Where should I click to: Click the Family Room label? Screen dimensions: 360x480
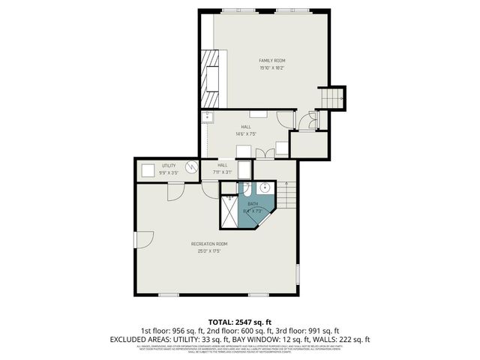tap(272, 61)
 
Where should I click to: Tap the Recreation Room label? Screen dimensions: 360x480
tap(209, 244)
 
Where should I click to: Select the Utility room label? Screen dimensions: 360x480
tap(169, 166)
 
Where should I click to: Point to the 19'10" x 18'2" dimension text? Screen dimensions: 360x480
tap(272, 67)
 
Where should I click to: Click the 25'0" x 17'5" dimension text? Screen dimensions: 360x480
tap(209, 250)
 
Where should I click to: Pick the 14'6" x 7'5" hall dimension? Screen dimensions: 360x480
tap(245, 133)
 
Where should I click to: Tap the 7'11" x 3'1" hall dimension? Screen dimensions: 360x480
tap(223, 172)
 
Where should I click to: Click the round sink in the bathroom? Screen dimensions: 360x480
tap(265, 189)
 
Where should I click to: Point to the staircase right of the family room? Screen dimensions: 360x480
tap(332, 97)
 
